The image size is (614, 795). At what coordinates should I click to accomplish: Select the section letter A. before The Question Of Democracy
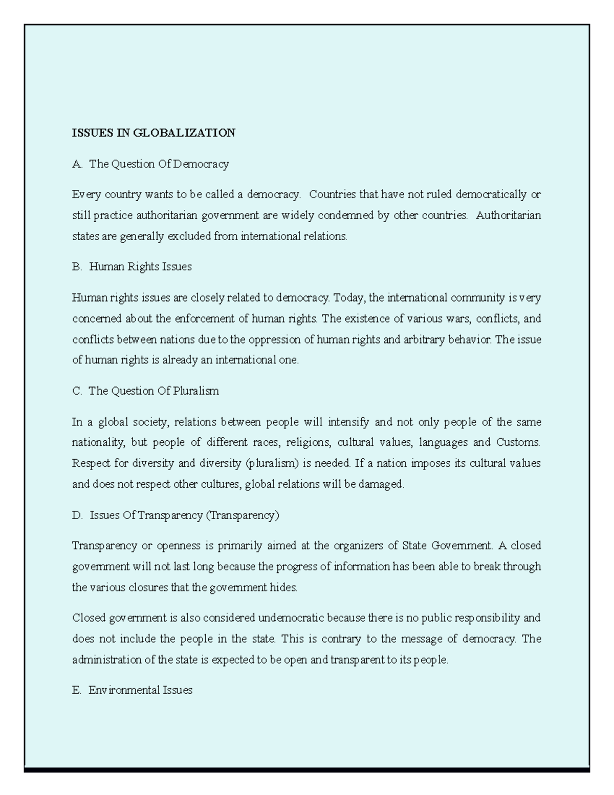77,164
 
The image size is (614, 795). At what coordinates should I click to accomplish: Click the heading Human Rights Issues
140,267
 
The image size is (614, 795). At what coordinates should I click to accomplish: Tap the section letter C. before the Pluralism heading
77,391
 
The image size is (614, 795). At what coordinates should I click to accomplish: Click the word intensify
348,422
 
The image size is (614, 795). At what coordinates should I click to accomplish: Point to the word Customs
518,442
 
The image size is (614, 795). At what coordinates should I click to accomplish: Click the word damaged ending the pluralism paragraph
381,484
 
